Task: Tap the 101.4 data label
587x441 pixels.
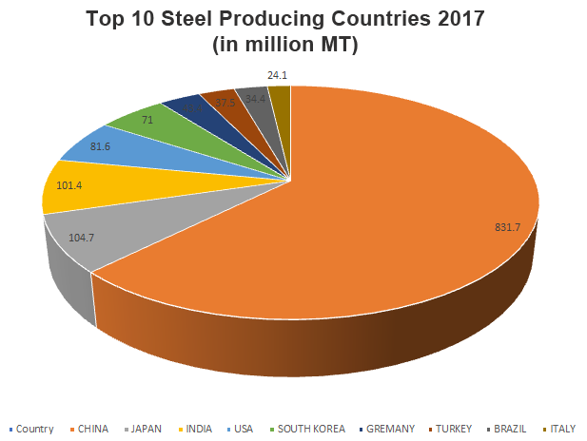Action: pyautogui.click(x=69, y=185)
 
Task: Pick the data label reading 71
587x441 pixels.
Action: pyautogui.click(x=147, y=121)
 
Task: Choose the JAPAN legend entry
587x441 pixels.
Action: pyautogui.click(x=150, y=429)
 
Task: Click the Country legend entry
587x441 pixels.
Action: pyautogui.click(x=34, y=429)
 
